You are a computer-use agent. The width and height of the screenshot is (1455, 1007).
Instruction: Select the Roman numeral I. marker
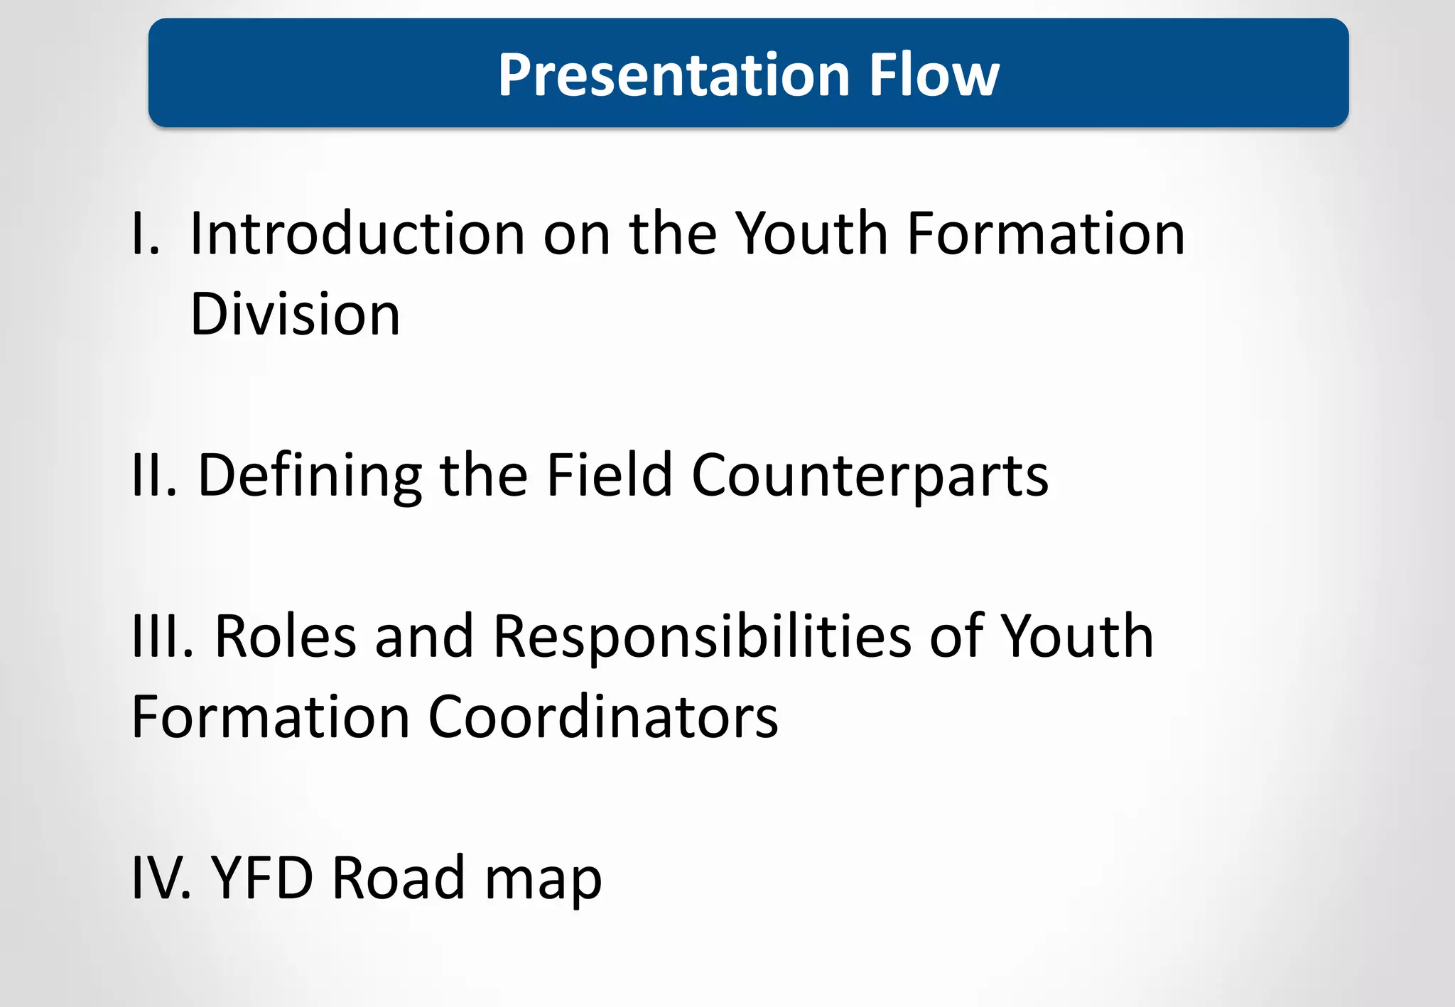(146, 234)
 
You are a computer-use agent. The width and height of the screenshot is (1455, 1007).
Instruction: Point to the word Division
(295, 314)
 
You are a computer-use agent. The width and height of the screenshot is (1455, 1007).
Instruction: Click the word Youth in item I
(811, 234)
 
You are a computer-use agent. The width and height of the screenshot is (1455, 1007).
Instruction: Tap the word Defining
(309, 476)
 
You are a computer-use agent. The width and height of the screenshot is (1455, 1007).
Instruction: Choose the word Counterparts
(870, 476)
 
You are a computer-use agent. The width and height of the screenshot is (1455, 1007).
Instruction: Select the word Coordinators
(603, 717)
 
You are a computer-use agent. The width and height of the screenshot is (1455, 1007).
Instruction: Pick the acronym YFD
(262, 878)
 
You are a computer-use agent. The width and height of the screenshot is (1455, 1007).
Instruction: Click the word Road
(399, 878)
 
